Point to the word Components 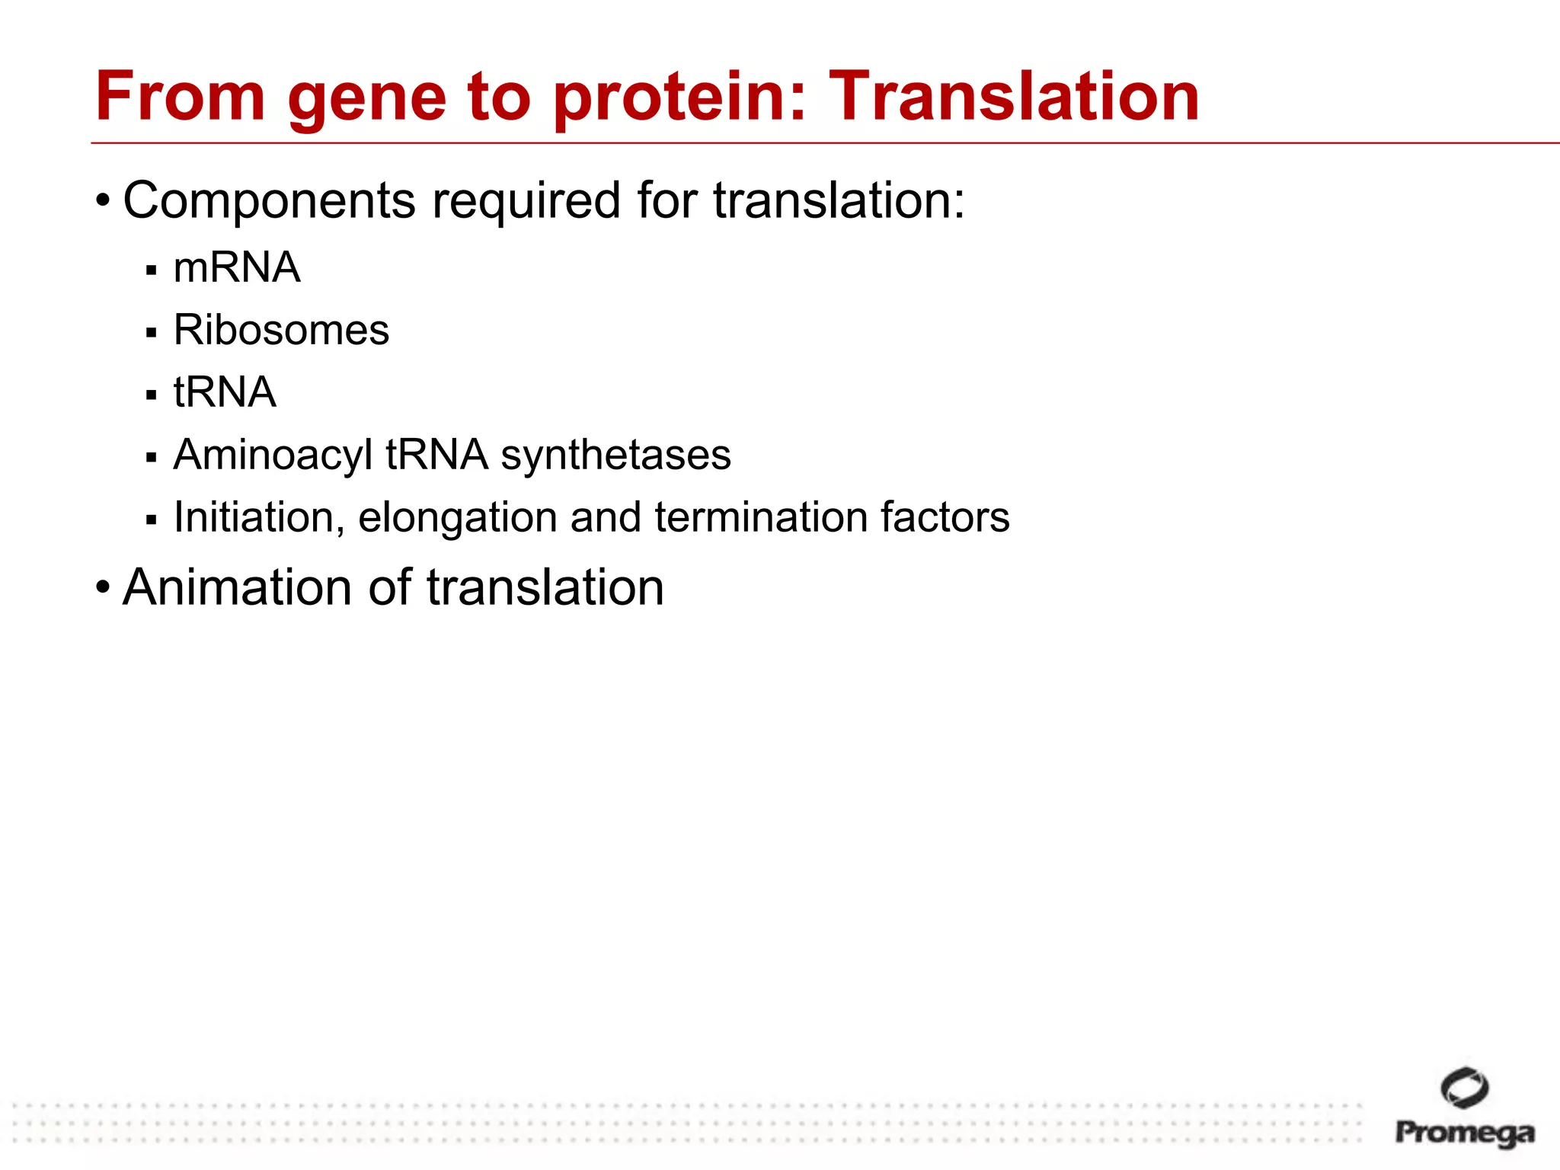tap(270, 201)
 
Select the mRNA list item tap(237, 267)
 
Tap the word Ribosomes tap(281, 330)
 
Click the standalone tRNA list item tap(225, 392)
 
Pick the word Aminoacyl tap(273, 456)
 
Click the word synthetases tap(615, 455)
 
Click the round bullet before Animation tap(103, 587)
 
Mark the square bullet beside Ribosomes tap(152, 333)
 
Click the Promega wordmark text tap(1464, 1133)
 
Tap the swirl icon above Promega tap(1464, 1088)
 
